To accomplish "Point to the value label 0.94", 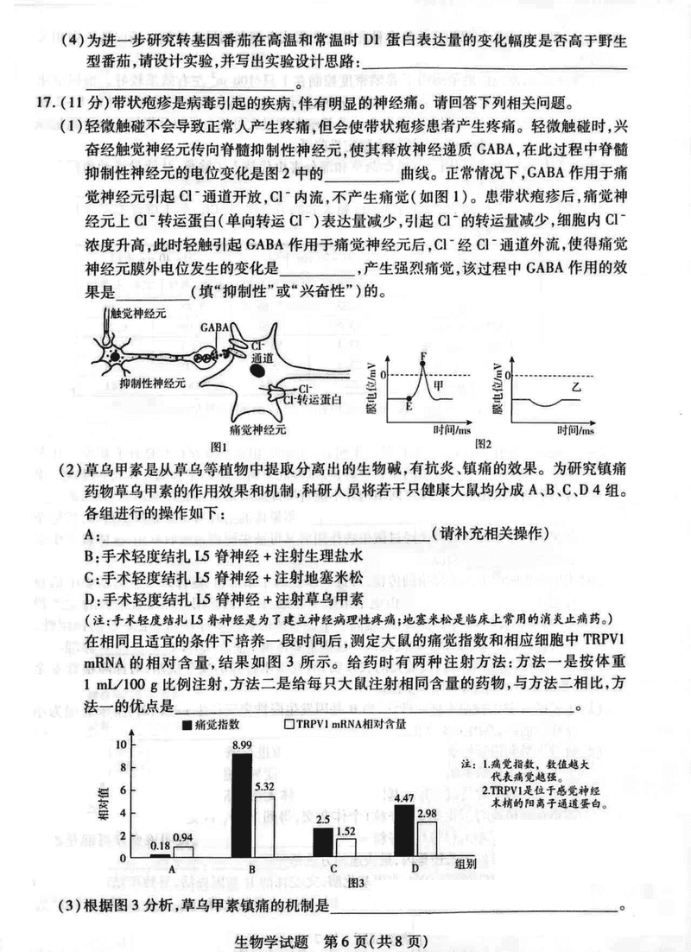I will (x=183, y=837).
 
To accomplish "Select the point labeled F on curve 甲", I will (x=423, y=355).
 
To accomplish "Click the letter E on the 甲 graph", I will (x=408, y=406).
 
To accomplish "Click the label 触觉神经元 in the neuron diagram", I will (x=136, y=316).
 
